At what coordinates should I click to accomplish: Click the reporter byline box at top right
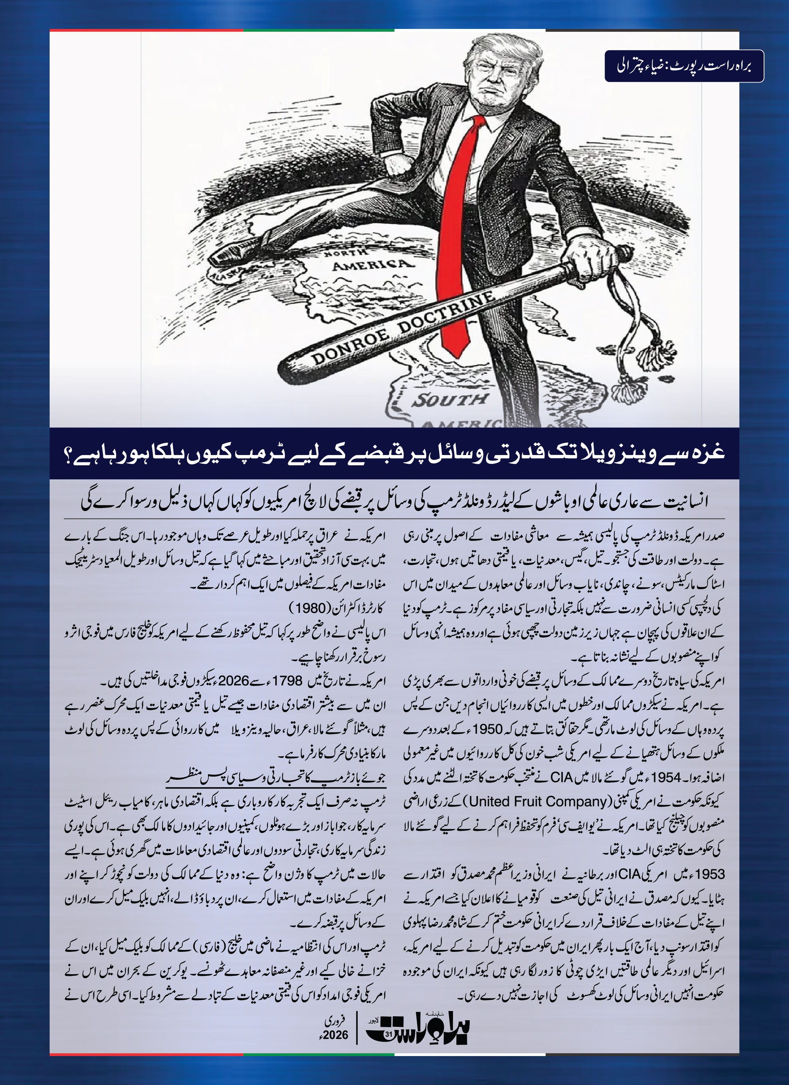point(684,66)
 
